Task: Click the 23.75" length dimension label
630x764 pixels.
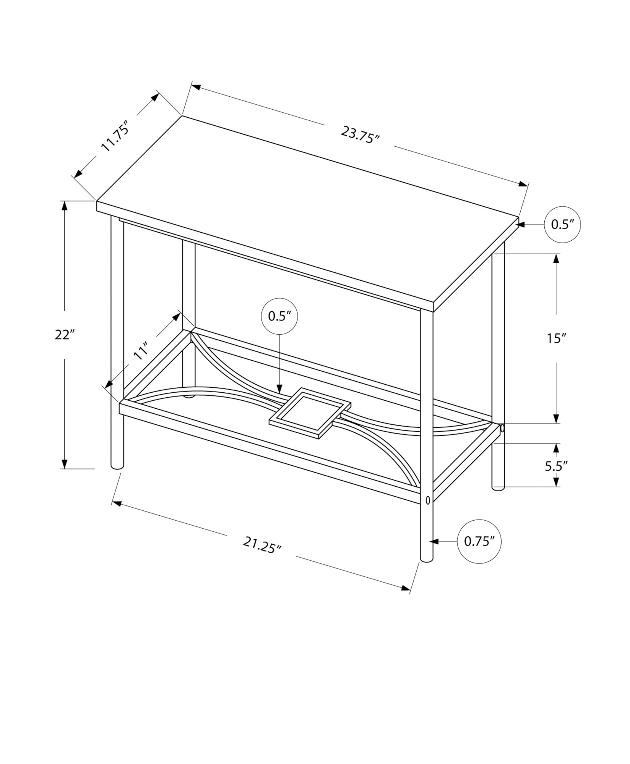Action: pyautogui.click(x=359, y=135)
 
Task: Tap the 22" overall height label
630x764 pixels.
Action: pyautogui.click(x=64, y=335)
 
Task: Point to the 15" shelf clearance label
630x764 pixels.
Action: pyautogui.click(x=556, y=338)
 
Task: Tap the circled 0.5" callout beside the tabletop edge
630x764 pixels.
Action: pyautogui.click(x=562, y=224)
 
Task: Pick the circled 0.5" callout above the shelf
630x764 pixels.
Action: pyautogui.click(x=279, y=316)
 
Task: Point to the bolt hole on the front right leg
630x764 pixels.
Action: pyautogui.click(x=427, y=499)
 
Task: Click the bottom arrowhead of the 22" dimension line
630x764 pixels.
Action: pyautogui.click(x=65, y=464)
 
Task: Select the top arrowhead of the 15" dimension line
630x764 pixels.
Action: pyautogui.click(x=556, y=258)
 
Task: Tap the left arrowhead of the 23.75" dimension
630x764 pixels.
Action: pyautogui.click(x=196, y=87)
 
